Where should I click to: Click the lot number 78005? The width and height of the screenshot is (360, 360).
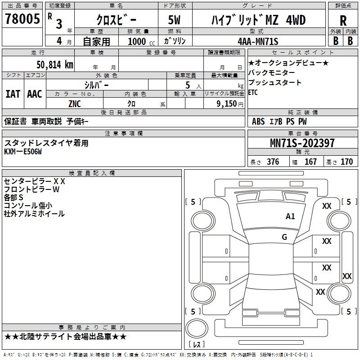tap(22, 18)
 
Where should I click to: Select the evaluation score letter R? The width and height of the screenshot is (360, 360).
tap(343, 21)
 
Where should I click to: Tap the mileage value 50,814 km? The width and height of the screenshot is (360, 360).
tap(55, 64)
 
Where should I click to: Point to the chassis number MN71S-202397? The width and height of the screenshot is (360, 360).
tap(302, 143)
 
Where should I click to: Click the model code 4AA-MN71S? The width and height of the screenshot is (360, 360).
tap(258, 41)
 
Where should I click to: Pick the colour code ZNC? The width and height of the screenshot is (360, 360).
tap(75, 104)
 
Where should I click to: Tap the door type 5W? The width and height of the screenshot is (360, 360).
tap(174, 20)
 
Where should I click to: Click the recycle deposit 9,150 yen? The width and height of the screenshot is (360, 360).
tap(230, 104)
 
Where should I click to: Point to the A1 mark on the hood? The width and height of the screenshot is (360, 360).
tap(290, 216)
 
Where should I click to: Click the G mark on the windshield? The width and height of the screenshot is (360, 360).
tap(284, 237)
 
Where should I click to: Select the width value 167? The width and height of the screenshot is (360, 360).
tap(310, 162)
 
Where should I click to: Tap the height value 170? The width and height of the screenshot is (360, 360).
tap(346, 162)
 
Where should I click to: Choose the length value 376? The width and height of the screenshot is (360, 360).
tap(273, 162)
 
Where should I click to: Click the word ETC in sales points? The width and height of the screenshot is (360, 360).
tap(253, 93)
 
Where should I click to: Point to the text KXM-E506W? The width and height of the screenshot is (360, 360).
tap(23, 152)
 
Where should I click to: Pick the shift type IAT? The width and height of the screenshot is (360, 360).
tap(13, 94)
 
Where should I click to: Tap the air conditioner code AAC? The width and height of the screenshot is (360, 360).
tap(35, 94)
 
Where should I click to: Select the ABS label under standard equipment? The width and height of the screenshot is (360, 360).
tap(258, 121)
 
